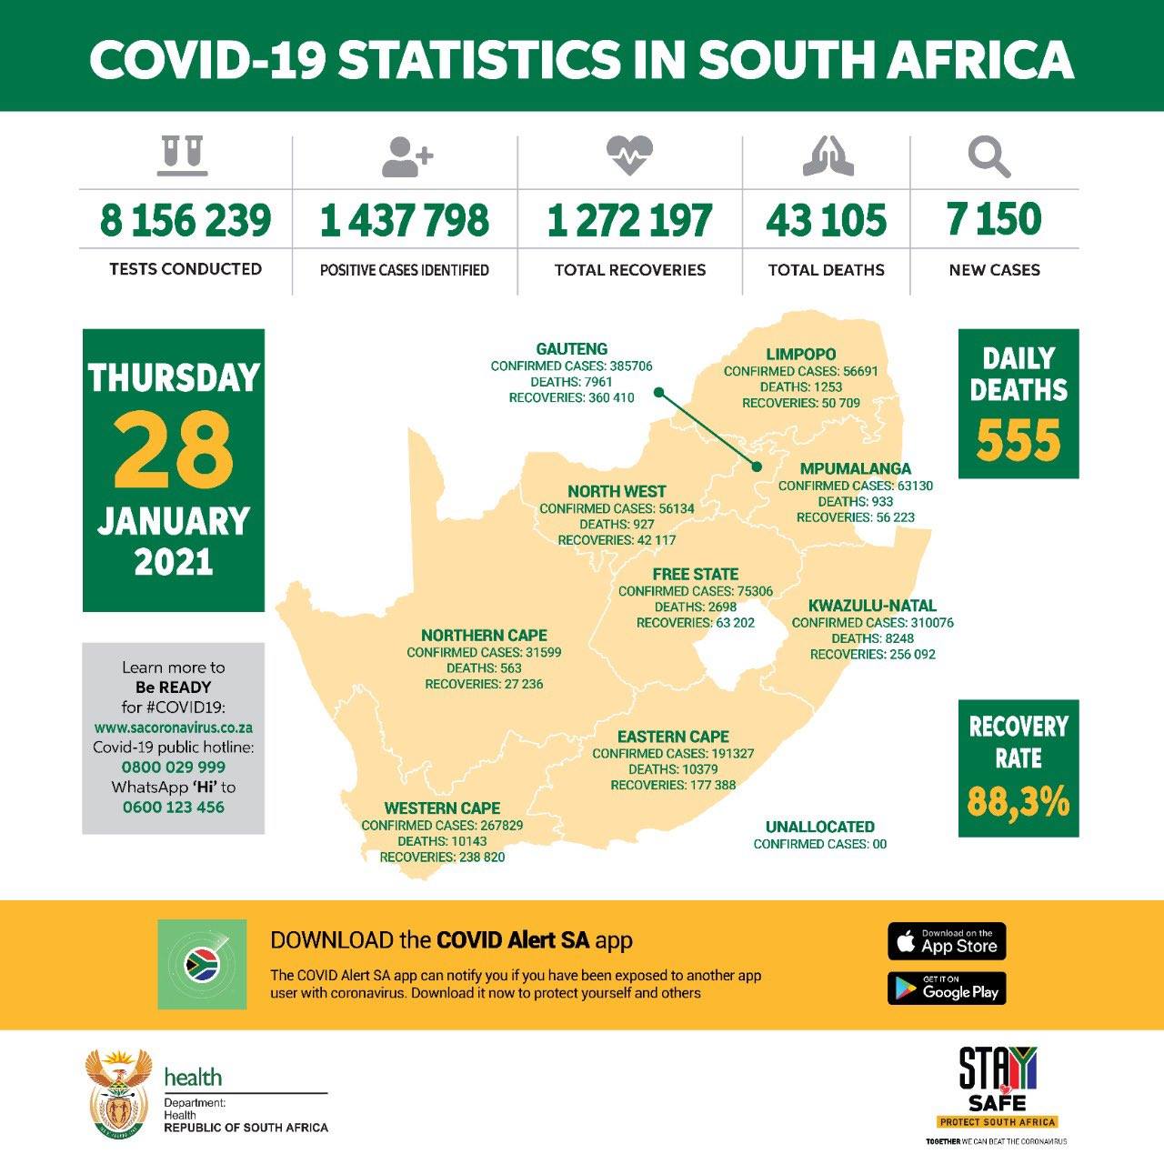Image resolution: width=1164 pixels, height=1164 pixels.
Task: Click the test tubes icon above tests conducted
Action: [185, 156]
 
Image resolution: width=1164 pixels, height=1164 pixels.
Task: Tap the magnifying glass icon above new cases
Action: [989, 157]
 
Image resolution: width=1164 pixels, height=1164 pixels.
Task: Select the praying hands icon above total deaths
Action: [828, 156]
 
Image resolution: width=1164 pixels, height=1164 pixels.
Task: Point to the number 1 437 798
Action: [405, 221]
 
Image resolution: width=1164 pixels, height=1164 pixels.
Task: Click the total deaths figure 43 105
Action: [826, 221]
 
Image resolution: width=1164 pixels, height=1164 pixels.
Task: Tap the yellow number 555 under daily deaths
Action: [1018, 441]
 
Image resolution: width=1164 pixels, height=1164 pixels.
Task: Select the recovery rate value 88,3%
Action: [1018, 802]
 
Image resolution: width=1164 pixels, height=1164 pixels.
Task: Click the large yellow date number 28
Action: [173, 450]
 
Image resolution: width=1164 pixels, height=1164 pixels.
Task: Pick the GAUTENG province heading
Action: [571, 349]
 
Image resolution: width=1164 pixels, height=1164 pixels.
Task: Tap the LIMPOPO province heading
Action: [800, 355]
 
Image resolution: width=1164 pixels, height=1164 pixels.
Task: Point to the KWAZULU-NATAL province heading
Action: [872, 606]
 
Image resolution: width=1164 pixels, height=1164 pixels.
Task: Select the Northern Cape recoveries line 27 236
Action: [484, 684]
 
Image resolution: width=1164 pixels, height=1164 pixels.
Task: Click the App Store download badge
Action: [947, 941]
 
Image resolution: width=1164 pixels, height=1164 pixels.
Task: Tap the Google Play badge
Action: [947, 988]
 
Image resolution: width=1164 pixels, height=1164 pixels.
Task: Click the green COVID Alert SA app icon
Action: [202, 964]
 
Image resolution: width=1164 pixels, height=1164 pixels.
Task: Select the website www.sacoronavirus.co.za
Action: [174, 727]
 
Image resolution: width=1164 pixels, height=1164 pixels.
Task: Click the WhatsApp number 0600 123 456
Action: [174, 807]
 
